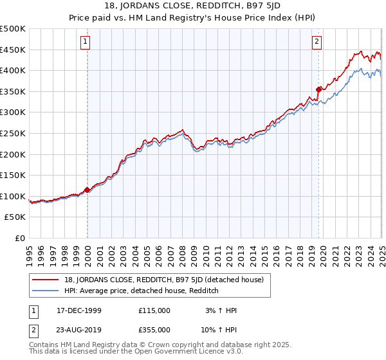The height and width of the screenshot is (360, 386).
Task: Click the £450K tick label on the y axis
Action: pyautogui.click(x=13, y=50)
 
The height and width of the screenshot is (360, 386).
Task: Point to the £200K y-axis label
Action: pyautogui.click(x=13, y=154)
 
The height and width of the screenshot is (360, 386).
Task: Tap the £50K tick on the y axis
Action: pyautogui.click(x=15, y=217)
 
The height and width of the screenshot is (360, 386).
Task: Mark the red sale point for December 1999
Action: pyautogui.click(x=87, y=190)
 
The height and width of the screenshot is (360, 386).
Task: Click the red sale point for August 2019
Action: pyautogui.click(x=318, y=89)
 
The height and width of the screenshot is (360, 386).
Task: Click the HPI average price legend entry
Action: pyautogui.click(x=142, y=291)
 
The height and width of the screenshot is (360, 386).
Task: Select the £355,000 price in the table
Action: pyautogui.click(x=154, y=329)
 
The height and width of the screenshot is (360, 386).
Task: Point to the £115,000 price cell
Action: pyautogui.click(x=154, y=310)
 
